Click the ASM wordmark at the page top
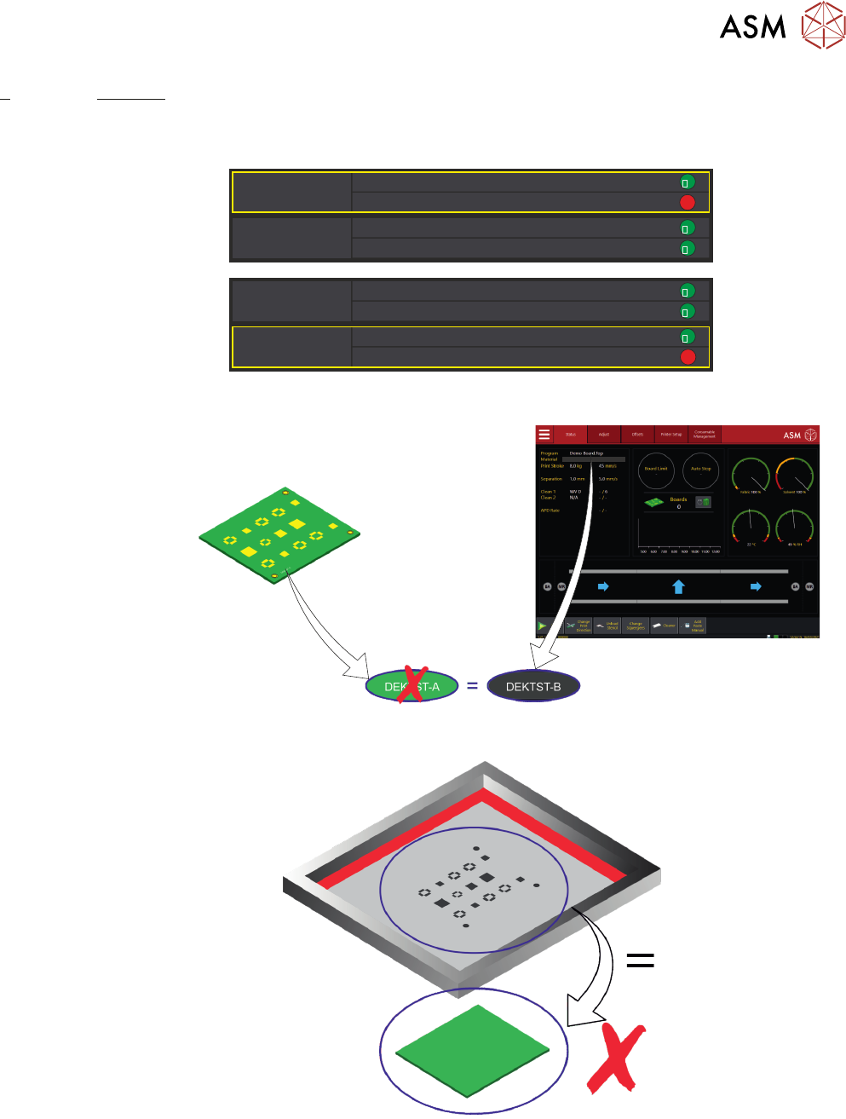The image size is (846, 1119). pos(753,27)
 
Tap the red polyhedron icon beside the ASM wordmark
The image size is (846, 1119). pos(823,26)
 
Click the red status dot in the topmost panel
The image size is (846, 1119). pos(688,203)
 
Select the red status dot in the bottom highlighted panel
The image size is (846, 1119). pos(688,357)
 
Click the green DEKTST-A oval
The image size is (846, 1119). pos(412,687)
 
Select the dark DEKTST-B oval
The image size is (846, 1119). pos(533,687)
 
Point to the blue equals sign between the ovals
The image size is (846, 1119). pos(472,686)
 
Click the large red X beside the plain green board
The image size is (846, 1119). pos(616,1058)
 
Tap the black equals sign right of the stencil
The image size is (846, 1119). pos(640,960)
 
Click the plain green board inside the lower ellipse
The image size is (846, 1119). pos(473,1050)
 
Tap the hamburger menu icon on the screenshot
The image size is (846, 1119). pos(544,435)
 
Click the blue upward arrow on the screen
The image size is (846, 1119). pos(678,586)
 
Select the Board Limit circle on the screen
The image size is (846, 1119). pos(656,470)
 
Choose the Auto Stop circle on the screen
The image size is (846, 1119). pos(701,470)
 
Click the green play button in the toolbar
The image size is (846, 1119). pos(543,626)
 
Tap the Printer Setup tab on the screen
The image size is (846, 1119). pos(671,435)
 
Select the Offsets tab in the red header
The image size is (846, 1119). pos(637,435)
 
